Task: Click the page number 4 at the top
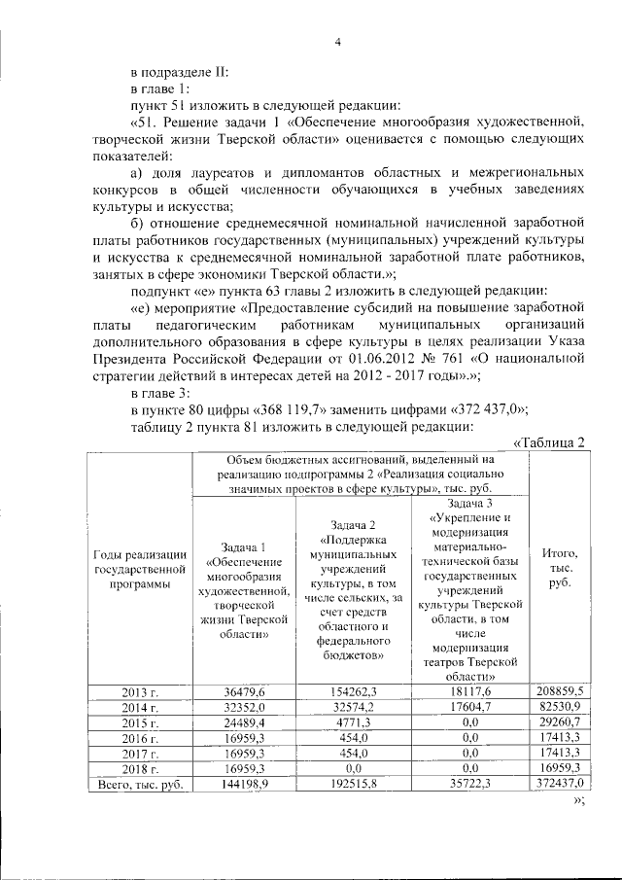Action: pos(338,41)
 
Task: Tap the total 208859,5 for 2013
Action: pos(559,690)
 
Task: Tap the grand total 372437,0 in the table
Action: pos(559,783)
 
